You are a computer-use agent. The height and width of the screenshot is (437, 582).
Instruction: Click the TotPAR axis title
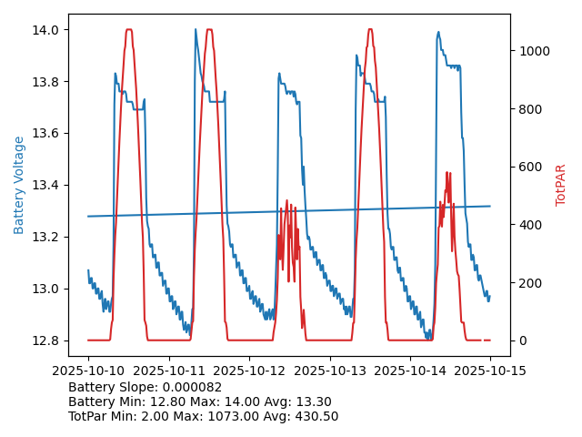tap(561, 185)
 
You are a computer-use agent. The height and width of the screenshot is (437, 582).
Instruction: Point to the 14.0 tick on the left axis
tap(46, 30)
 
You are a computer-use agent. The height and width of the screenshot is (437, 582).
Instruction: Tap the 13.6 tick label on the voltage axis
tap(46, 134)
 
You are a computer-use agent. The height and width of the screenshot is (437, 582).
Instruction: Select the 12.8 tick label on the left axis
tap(46, 341)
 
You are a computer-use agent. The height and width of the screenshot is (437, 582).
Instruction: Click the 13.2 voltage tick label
tap(46, 238)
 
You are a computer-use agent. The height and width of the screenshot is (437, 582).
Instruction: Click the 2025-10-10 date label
tap(88, 371)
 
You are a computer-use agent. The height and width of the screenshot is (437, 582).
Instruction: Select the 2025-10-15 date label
tap(490, 371)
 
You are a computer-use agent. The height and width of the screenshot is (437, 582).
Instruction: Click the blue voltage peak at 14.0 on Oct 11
tap(196, 30)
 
